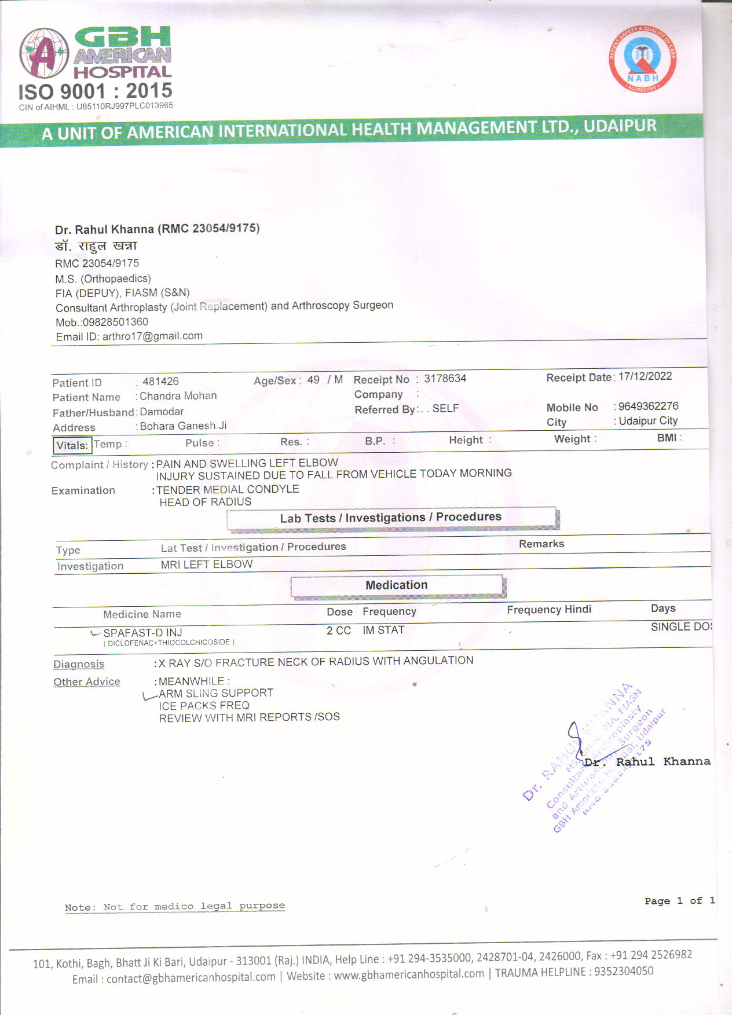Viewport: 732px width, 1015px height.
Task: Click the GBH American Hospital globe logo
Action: pos(44,53)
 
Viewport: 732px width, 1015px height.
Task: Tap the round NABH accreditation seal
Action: pos(642,59)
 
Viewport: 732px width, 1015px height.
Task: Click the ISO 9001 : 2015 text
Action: pos(96,91)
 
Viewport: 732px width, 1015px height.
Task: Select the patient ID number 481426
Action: pos(160,382)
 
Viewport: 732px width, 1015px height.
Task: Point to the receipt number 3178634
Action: pos(445,379)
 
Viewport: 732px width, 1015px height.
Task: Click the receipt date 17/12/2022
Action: pos(645,376)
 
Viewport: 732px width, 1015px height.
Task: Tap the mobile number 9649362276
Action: pos(648,406)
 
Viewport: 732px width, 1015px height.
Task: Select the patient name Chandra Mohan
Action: pos(178,396)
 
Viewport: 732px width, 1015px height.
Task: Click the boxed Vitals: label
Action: pos(72,445)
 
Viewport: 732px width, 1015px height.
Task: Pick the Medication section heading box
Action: pos(397,585)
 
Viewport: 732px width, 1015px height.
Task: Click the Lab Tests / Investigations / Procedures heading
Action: pos(391,518)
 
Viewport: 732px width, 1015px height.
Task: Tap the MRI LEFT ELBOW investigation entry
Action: pos(207,565)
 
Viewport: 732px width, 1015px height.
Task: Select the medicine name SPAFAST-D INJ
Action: pos(142,633)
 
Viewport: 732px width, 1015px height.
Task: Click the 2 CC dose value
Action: pos(339,631)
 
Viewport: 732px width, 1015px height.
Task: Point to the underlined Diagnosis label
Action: pos(79,664)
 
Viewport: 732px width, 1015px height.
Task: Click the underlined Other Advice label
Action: pos(87,682)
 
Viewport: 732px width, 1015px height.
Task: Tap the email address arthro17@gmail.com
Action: pos(152,336)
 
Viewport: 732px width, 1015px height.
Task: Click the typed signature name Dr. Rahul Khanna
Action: pos(647,762)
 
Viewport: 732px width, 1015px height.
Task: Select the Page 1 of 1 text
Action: pos(679,901)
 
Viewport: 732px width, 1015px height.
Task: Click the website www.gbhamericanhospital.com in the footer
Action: pos(409,974)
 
